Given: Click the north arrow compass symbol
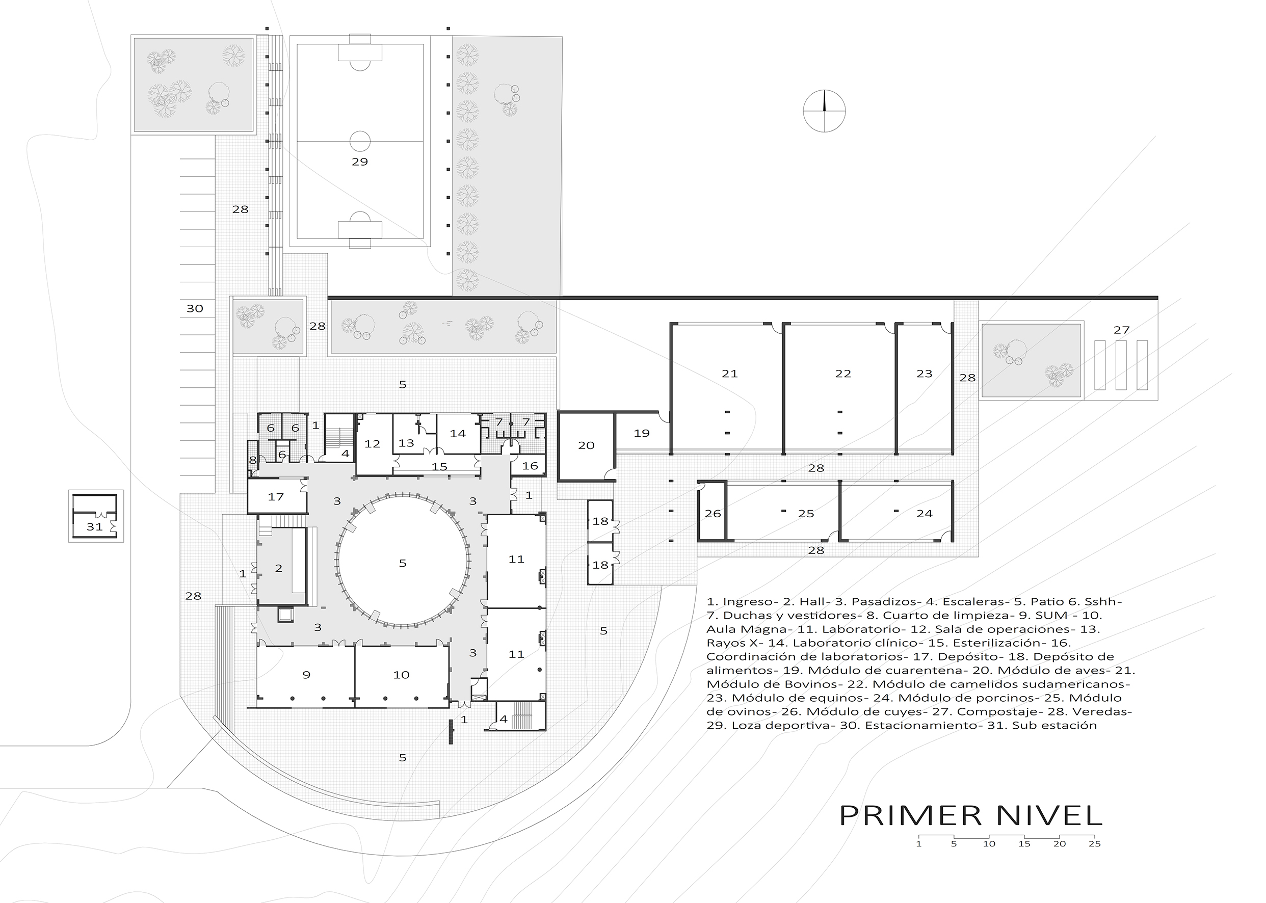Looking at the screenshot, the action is coord(825,111).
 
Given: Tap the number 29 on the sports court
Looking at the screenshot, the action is coord(360,162).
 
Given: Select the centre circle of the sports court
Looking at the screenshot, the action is coord(360,141).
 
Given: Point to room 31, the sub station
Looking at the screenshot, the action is coord(95,517).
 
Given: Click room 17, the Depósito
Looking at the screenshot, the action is coord(277,496).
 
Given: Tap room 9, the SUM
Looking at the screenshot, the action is coord(306,675).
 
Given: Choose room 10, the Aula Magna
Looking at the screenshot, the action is coord(402,675).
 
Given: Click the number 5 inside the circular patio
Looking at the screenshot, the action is coord(403,563).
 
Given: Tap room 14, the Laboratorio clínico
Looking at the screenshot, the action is coord(458,434).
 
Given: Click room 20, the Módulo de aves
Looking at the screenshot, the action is coord(587,445).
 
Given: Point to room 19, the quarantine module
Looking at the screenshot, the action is coord(642,433).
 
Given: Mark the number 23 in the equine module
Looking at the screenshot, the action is coord(924,374).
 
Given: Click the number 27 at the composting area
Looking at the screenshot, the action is coord(1121,330).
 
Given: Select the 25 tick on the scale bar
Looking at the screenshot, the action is coord(1094,843).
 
